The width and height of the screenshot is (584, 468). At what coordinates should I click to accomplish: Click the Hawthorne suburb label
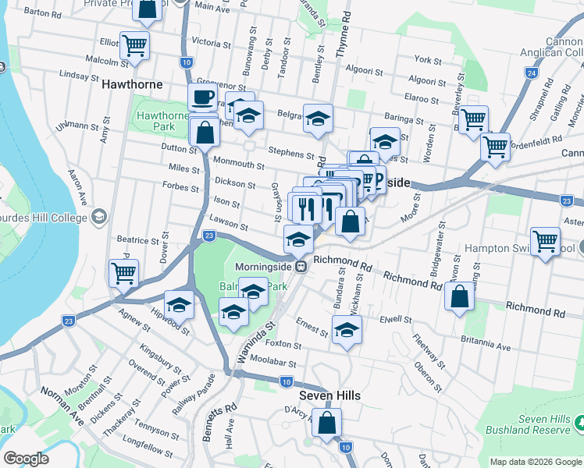pyautogui.click(x=131, y=83)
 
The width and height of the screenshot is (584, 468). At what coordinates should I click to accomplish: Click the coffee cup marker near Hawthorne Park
pyautogui.click(x=203, y=98)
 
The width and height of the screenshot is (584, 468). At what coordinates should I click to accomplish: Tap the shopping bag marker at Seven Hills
pyautogui.click(x=328, y=424)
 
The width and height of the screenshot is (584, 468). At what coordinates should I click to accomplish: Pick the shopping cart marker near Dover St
pyautogui.click(x=123, y=274)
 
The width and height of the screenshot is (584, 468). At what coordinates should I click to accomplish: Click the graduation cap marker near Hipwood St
pyautogui.click(x=179, y=305)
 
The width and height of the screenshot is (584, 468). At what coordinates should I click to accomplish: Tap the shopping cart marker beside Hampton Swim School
pyautogui.click(x=545, y=241)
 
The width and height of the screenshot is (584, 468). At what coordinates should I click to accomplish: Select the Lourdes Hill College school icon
pyautogui.click(x=98, y=216)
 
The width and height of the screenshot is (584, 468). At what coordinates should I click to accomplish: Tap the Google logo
pyautogui.click(x=27, y=459)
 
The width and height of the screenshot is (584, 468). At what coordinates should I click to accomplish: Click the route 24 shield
pyautogui.click(x=531, y=73)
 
